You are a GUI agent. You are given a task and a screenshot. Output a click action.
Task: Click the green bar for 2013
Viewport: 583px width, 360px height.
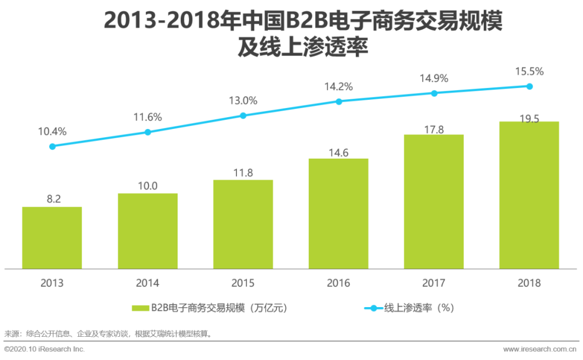pos(52,237)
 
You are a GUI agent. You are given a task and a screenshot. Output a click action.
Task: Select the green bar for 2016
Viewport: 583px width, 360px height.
pos(338,213)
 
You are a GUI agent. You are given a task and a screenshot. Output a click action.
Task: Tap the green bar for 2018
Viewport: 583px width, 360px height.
pos(529,195)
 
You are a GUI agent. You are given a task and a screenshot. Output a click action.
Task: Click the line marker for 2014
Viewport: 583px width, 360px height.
pos(148,132)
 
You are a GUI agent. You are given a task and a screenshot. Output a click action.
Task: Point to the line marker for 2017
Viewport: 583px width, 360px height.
pos(434,93)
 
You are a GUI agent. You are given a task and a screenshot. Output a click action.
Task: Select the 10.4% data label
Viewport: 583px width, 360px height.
pos(52,131)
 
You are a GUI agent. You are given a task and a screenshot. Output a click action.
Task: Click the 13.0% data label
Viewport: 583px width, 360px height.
pos(243,100)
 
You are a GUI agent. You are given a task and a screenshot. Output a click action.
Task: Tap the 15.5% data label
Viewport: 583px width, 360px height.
pos(529,71)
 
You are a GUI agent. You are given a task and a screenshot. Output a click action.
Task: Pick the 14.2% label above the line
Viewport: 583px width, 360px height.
pos(338,86)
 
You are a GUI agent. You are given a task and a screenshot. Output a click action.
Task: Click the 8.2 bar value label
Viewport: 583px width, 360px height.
pos(52,199)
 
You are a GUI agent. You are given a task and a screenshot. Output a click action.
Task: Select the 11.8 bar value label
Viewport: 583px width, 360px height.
pos(243,173)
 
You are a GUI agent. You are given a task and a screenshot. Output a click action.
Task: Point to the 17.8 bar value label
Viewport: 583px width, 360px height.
pos(434,127)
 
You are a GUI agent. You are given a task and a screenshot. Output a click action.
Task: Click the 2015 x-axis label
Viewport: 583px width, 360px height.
pos(243,283)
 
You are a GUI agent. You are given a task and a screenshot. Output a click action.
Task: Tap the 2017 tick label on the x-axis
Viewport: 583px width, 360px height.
pos(434,283)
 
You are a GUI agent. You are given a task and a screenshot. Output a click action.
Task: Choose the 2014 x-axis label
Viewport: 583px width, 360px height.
pos(147,283)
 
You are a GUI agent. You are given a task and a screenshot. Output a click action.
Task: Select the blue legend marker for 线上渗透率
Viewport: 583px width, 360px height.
pos(373,308)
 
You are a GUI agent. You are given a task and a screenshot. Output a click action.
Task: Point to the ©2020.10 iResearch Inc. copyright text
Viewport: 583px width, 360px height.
pos(45,349)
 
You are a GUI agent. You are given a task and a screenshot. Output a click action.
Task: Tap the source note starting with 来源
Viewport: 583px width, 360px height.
pos(108,334)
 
